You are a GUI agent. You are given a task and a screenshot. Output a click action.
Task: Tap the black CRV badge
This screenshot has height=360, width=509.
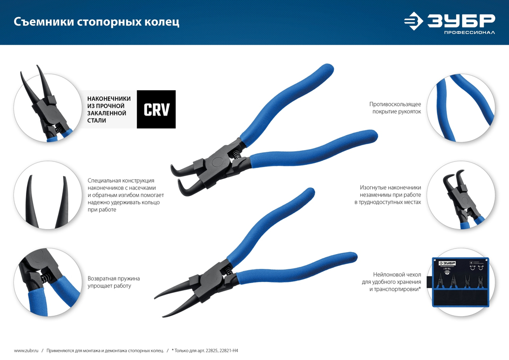click(x=156, y=109)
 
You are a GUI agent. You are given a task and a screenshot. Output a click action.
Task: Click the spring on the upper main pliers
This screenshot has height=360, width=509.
click(x=237, y=151)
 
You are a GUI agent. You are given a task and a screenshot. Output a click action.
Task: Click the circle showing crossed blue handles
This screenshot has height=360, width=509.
click(x=461, y=109)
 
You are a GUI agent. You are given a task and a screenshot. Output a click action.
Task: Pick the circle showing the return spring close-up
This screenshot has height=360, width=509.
click(x=46, y=283)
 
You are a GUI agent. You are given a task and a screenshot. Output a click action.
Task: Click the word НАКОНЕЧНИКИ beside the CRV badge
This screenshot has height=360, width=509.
click(x=109, y=98)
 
